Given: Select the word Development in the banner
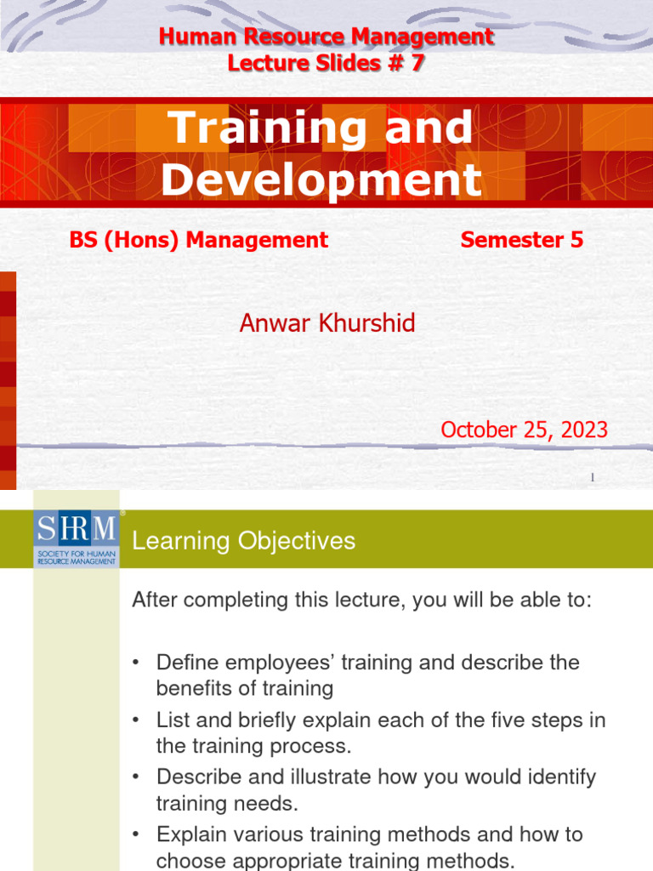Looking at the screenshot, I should [x=321, y=179].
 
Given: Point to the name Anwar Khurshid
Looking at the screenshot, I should [x=327, y=322].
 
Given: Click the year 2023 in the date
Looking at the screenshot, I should [x=584, y=430].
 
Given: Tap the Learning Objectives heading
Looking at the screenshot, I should [x=243, y=541].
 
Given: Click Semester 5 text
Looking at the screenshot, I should [x=521, y=240].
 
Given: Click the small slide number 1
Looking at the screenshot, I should [x=593, y=478].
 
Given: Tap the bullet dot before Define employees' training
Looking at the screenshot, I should [x=136, y=663].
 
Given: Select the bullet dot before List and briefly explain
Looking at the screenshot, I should [x=136, y=720].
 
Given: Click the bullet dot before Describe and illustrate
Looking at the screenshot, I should [x=136, y=777].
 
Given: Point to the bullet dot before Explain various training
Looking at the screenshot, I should [x=136, y=835].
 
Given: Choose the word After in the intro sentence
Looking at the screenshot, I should [x=154, y=600].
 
